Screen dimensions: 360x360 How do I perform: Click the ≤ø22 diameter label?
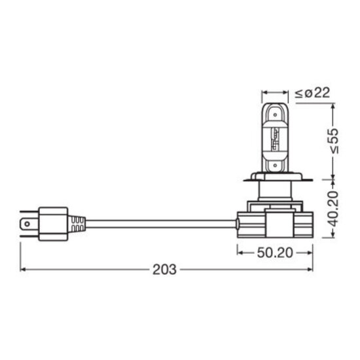click(312, 94)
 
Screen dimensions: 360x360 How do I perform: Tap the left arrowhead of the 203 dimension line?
click(24, 268)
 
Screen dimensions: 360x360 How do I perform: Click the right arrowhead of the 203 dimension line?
click(312, 268)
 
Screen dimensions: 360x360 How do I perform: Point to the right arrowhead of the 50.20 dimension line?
click(312, 251)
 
